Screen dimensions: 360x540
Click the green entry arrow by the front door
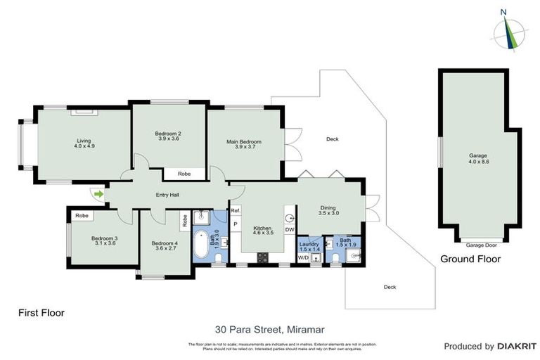point(98,193)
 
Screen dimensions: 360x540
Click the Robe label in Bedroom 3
point(82,215)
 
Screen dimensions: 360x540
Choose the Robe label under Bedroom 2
point(184,173)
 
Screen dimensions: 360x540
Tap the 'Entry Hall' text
point(167,195)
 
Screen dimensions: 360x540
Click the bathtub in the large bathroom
point(202,243)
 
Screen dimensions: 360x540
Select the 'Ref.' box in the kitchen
point(236,211)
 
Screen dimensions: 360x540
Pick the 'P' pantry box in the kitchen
point(236,225)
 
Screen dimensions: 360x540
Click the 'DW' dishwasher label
point(289,229)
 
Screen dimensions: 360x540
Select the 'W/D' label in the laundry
point(303,258)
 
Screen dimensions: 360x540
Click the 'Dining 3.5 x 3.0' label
point(328,210)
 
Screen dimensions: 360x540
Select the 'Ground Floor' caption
point(470,259)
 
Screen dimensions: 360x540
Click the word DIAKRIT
point(517,346)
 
